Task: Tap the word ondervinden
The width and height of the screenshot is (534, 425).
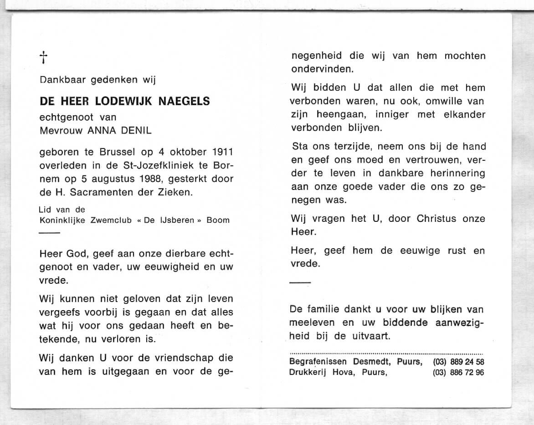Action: pyautogui.click(x=321, y=69)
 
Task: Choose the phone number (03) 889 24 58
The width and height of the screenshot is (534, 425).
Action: pyautogui.click(x=458, y=362)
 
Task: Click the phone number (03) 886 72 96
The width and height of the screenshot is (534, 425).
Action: pyautogui.click(x=458, y=372)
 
